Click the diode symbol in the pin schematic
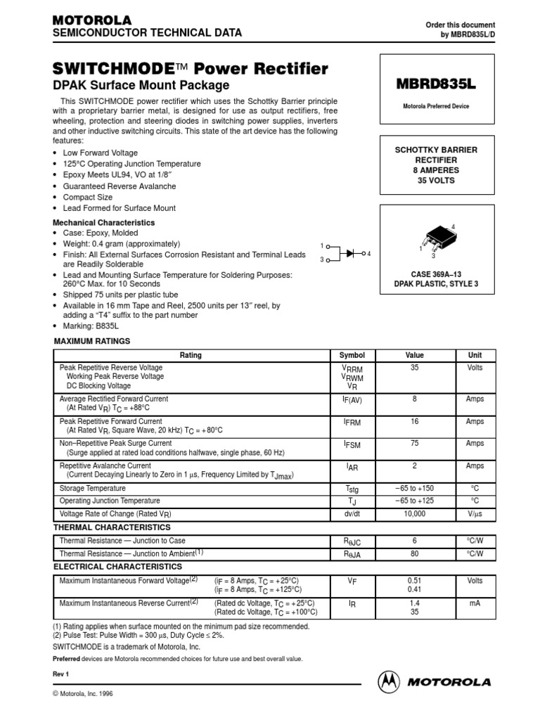pos(349,252)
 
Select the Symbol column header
pos(352,355)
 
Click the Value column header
pos(415,355)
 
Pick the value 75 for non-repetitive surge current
pos(415,444)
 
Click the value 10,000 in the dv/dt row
pos(415,515)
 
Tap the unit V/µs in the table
pos(475,515)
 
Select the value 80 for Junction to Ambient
pos(415,554)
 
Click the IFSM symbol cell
pos(352,444)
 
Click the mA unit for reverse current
pos(475,604)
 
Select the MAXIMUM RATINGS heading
pos(92,341)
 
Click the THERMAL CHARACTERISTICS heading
pos(112,527)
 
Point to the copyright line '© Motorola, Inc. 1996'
pos(83,693)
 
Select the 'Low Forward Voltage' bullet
pos(100,153)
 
